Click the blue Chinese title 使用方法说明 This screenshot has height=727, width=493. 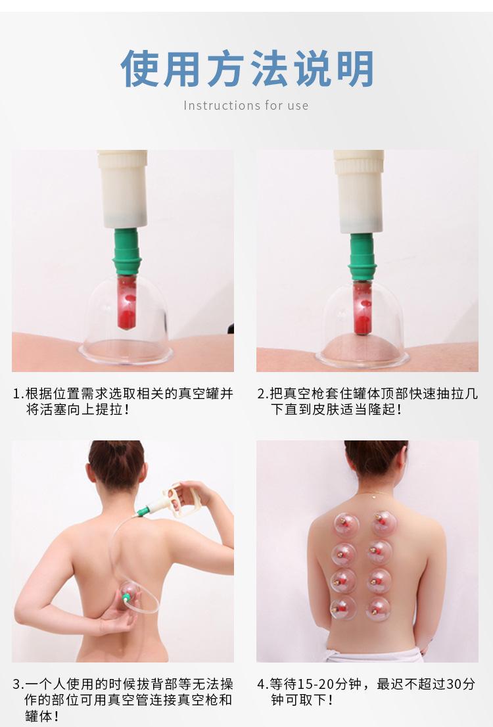[246, 68]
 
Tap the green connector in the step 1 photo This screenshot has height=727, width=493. [127, 252]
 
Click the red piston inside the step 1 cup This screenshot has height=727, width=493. [127, 302]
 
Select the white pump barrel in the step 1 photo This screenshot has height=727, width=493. [123, 189]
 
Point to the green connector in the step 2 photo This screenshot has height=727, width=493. [362, 257]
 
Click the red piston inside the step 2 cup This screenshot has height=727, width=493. [362, 308]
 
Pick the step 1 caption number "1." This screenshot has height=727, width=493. [18, 394]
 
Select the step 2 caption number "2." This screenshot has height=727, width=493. [263, 394]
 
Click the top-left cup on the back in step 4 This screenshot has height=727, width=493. [346, 525]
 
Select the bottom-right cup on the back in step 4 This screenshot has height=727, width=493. [378, 608]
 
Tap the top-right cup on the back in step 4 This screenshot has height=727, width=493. [384, 523]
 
